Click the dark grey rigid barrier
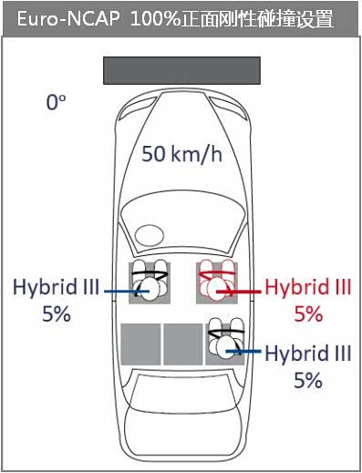181,70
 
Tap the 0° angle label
56,102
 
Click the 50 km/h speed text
181,153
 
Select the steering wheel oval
150,235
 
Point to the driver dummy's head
150,290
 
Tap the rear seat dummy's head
226,348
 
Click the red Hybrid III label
308,287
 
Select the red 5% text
308,314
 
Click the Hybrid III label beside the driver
57,287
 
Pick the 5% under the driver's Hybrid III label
57,314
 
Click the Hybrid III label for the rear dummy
308,354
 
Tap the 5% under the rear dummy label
308,380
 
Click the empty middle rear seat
183,344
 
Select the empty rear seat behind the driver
140,344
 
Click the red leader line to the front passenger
239,292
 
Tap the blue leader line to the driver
127,291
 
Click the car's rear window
182,387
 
